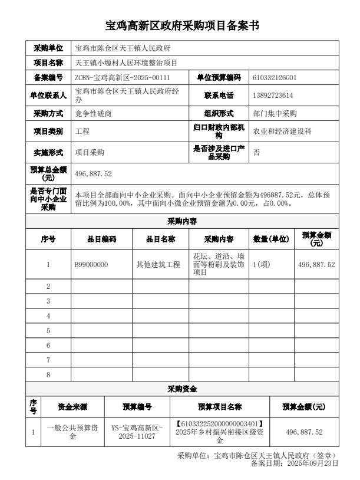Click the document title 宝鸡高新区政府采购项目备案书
180,27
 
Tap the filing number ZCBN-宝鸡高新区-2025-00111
123,77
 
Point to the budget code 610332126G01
274,77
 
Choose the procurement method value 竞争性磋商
93,113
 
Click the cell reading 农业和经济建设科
282,131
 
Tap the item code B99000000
91,265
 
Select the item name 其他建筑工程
158,265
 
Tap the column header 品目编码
101,239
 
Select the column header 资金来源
72,407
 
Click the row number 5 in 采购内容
48,330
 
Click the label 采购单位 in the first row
48,48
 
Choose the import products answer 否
256,152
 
